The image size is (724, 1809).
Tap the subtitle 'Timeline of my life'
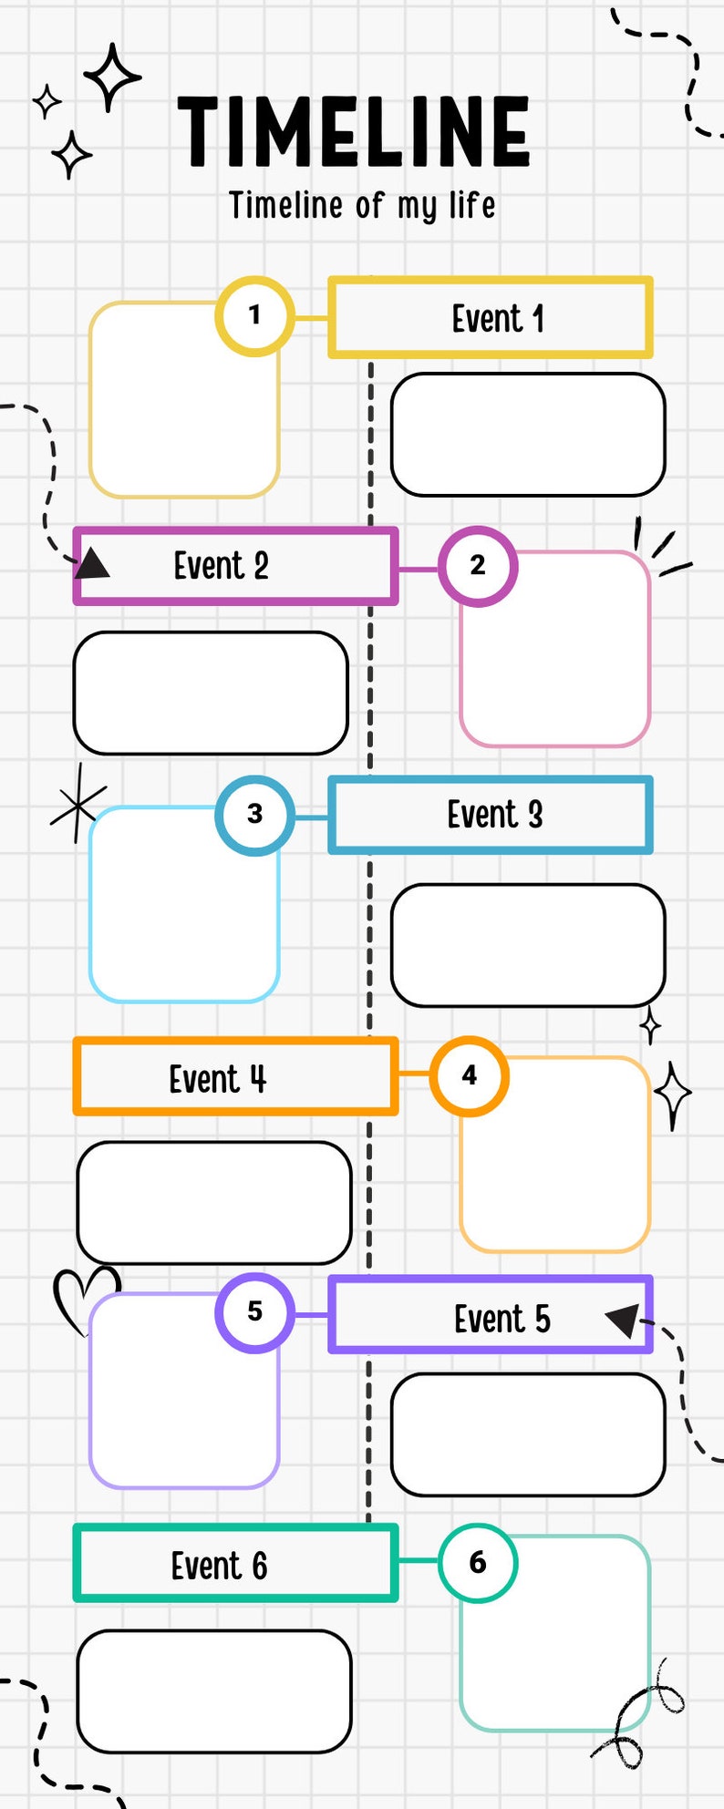click(x=362, y=206)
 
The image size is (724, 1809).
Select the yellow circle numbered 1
click(x=254, y=316)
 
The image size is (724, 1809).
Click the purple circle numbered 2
click(x=478, y=566)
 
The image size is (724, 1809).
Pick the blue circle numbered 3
click(x=254, y=815)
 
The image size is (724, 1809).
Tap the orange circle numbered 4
click(x=469, y=1076)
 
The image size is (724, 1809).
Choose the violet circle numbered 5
click(x=254, y=1312)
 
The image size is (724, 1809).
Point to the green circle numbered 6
click(x=478, y=1563)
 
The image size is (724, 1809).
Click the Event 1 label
click(x=498, y=319)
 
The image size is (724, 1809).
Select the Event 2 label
click(x=221, y=566)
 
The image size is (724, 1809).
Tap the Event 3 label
click(x=494, y=815)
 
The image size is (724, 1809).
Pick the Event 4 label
click(x=217, y=1079)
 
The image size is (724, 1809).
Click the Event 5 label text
click(x=502, y=1319)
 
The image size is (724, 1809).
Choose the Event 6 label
click(x=219, y=1567)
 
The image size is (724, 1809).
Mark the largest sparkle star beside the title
click(x=111, y=77)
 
